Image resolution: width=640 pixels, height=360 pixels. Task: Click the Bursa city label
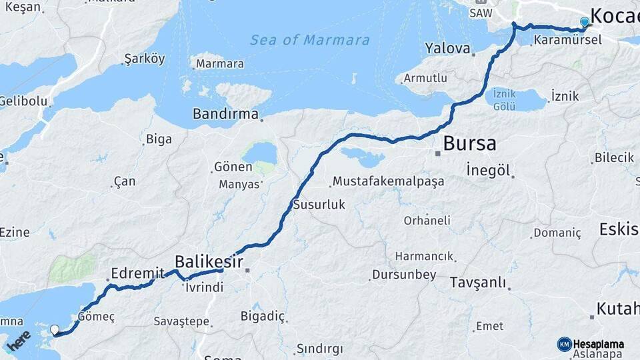click(469, 143)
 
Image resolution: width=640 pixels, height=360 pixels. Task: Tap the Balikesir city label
click(209, 261)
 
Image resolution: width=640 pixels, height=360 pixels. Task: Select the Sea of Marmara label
click(310, 40)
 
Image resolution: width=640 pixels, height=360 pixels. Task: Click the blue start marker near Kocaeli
click(585, 23)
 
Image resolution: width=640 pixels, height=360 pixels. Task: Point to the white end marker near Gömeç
click(55, 329)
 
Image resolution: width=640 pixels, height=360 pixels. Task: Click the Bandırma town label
click(225, 114)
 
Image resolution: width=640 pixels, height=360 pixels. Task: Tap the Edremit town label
click(138, 273)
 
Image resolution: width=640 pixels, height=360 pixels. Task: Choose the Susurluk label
click(319, 205)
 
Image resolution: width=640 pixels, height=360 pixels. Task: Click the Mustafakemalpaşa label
click(388, 181)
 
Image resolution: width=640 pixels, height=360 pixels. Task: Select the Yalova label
click(447, 48)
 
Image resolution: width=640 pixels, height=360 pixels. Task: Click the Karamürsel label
click(567, 40)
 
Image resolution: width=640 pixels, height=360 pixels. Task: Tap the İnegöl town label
click(488, 170)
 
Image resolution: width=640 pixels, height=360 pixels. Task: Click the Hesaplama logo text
click(598, 344)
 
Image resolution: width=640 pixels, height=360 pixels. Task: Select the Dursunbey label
click(404, 275)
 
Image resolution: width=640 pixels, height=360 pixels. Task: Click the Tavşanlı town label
click(478, 283)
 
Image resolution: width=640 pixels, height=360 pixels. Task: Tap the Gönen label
click(233, 167)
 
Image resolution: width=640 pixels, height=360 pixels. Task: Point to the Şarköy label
click(145, 59)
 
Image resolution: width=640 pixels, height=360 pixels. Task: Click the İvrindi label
click(205, 287)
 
